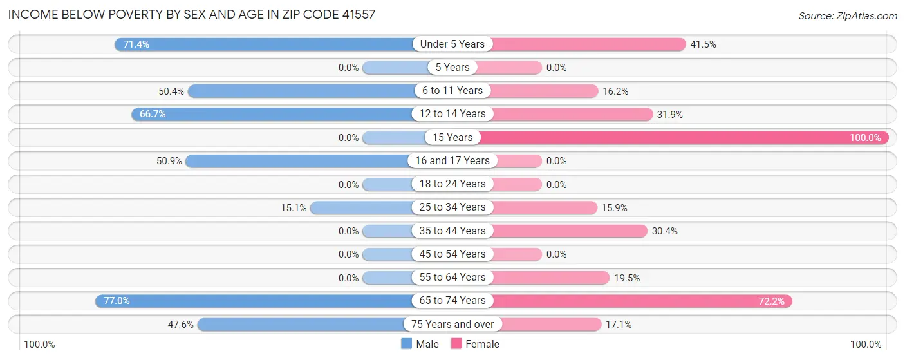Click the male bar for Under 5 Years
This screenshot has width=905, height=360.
(x=264, y=44)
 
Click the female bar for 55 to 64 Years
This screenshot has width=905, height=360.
(x=550, y=278)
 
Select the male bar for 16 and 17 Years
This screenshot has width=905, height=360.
(x=299, y=161)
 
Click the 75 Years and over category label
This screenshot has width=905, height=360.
(x=452, y=325)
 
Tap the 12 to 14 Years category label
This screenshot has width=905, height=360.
(x=452, y=114)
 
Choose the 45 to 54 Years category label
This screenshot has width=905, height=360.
(x=452, y=254)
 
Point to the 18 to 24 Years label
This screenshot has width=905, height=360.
(x=452, y=184)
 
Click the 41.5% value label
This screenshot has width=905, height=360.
(x=704, y=44)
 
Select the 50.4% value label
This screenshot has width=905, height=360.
(x=171, y=91)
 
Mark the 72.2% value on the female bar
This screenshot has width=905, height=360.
(x=771, y=301)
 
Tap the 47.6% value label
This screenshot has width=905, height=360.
(x=181, y=325)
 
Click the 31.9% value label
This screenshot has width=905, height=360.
(x=670, y=115)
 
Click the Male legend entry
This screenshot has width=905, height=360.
(x=420, y=345)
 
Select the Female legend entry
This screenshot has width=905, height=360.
(x=476, y=345)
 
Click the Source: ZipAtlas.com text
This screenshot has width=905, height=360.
(x=847, y=15)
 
